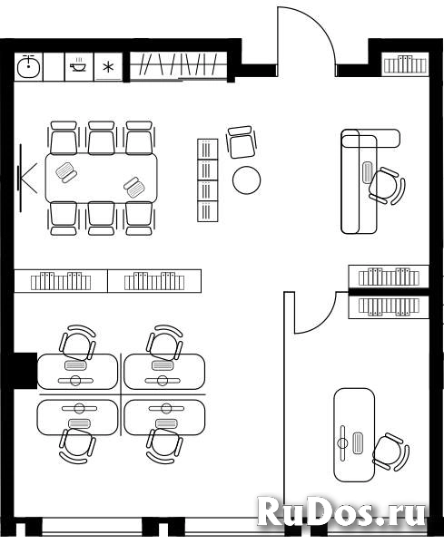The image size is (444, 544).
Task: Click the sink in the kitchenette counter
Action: [28, 66]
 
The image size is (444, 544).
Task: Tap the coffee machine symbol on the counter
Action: [78, 65]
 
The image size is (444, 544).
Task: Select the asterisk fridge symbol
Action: [109, 67]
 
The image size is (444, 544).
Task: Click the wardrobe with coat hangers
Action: [179, 65]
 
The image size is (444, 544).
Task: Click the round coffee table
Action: [247, 180]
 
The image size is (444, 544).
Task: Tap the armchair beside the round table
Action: [241, 142]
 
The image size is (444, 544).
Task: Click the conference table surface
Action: [101, 179]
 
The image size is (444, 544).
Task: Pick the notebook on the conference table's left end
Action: [66, 172]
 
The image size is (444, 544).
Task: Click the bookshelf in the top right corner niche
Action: [405, 63]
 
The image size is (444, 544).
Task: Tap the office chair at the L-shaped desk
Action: [387, 186]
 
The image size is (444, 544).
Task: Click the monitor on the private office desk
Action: [343, 442]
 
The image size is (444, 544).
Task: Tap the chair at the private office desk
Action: [390, 452]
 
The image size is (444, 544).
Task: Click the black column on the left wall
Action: [25, 371]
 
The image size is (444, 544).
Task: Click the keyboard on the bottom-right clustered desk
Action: [163, 423]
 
